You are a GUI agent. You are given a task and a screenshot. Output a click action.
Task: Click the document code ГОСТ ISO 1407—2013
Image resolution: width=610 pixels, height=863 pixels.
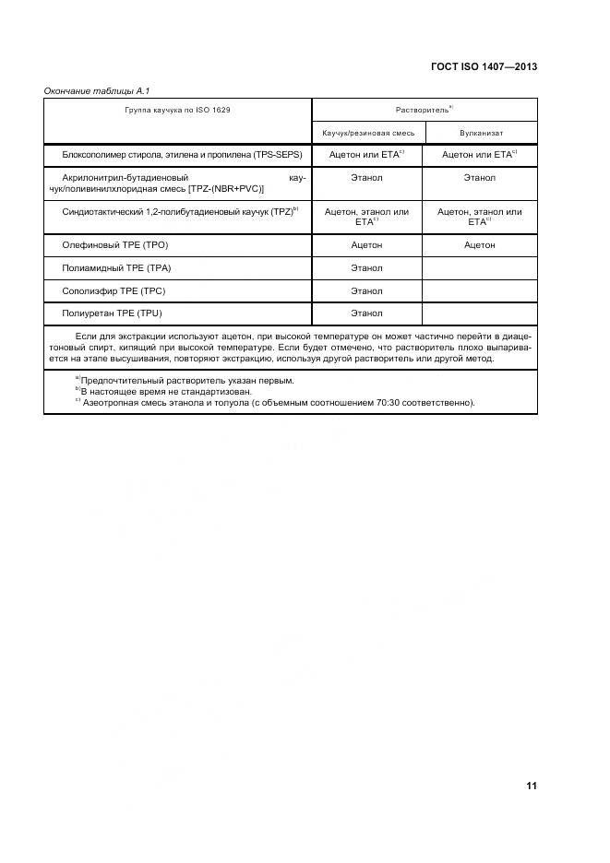point(484,66)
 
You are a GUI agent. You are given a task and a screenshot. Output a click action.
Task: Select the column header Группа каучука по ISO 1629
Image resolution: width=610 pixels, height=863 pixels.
point(177,110)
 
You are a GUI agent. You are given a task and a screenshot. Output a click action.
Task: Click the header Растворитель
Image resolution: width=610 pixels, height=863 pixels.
point(423,110)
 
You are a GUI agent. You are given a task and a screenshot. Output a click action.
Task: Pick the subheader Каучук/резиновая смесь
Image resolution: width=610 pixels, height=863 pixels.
point(367,134)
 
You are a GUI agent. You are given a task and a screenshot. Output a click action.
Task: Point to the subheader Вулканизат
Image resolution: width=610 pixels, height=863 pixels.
point(480,134)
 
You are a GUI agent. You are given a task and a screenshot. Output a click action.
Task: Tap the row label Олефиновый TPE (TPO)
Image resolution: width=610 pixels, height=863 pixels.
point(115,245)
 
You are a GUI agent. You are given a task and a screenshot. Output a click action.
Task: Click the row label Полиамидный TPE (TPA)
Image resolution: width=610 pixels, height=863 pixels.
point(116,268)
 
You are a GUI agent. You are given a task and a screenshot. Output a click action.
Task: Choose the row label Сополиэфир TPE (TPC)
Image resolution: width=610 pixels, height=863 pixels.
point(114,291)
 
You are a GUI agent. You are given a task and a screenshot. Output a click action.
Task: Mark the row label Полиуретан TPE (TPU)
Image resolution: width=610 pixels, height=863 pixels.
point(114,313)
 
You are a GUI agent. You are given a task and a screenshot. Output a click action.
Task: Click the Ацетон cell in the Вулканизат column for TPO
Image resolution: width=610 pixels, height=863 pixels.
point(480,245)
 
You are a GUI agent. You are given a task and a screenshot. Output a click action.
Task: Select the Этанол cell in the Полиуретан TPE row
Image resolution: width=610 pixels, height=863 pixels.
point(367,313)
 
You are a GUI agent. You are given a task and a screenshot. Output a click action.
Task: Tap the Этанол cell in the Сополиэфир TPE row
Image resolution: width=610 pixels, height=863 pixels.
point(367,291)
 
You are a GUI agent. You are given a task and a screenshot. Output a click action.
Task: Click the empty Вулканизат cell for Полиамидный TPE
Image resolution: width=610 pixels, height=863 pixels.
point(480,268)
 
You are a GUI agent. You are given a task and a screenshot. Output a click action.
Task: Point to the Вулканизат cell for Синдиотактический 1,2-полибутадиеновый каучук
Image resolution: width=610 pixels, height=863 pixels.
point(480,217)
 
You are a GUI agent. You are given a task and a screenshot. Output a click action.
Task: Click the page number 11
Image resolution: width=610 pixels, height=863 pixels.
point(532,786)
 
